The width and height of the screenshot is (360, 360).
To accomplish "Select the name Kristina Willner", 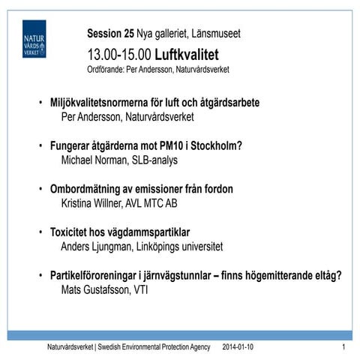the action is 94,202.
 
